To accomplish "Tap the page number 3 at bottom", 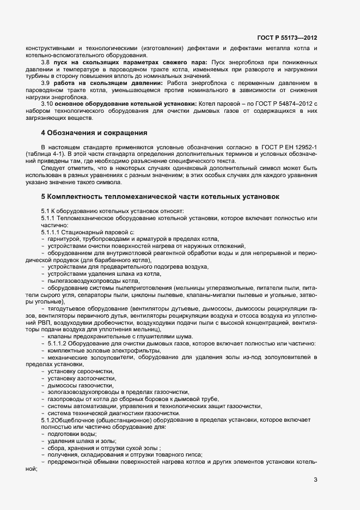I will [x=316, y=479].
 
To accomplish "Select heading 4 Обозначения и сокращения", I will [x=94, y=133].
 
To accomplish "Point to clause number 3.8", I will [x=46, y=63].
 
